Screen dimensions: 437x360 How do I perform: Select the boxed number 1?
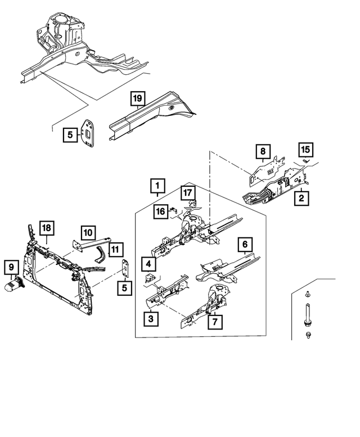[x=157, y=185]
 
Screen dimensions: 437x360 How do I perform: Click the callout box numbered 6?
[x=245, y=245]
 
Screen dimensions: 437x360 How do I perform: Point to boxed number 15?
[x=305, y=149]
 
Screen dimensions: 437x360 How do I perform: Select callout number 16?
[x=160, y=211]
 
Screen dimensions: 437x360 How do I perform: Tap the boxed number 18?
[x=46, y=228]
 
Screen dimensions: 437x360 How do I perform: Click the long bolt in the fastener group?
[x=308, y=313]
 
